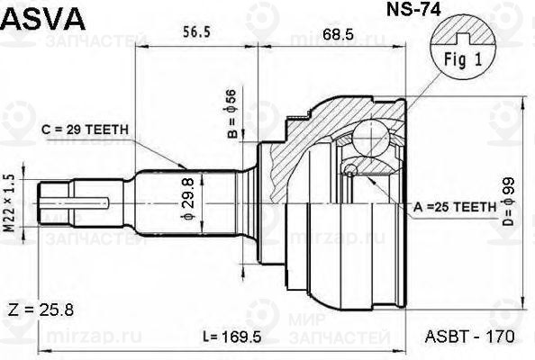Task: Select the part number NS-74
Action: point(413,9)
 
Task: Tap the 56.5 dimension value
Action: point(197,32)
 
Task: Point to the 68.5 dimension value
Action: point(339,34)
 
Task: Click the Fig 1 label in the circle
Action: point(463,59)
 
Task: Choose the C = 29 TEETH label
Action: point(85,130)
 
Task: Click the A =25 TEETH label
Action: point(455,207)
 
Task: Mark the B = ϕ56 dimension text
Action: point(232,113)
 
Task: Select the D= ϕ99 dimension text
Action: point(508,202)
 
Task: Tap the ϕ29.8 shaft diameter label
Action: point(188,199)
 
